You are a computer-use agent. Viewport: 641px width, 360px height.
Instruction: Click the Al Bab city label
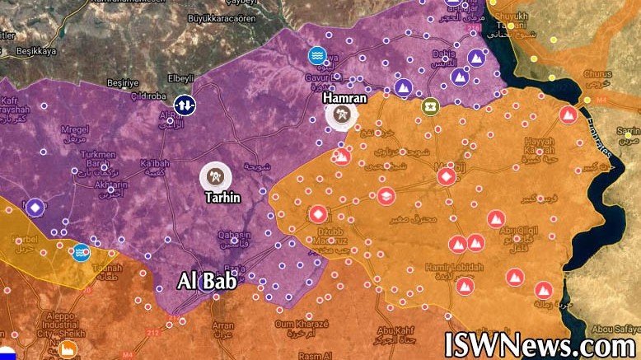(x=208, y=282)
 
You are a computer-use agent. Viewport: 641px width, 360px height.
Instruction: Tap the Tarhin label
(x=222, y=198)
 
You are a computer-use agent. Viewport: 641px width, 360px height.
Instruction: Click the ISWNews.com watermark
(x=540, y=343)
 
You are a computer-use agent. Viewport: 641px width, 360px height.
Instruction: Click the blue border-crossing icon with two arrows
(x=185, y=105)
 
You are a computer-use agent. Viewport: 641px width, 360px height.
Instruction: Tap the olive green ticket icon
(x=429, y=105)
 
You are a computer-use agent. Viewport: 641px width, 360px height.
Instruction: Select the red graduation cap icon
(x=386, y=196)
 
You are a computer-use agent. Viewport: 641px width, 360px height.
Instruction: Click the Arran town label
(x=222, y=325)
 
